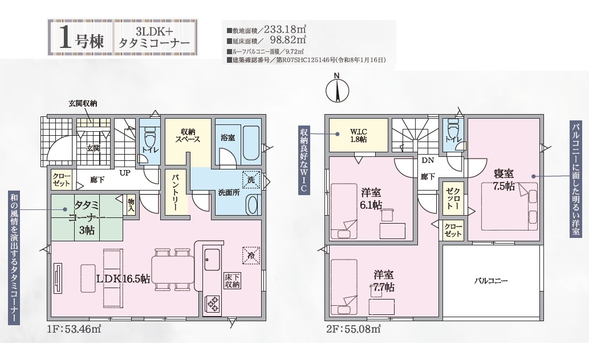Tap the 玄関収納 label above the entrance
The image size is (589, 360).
click(83, 103)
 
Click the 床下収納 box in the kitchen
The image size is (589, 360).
click(232, 281)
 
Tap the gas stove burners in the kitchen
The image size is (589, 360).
click(212, 304)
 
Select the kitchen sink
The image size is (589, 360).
click(212, 259)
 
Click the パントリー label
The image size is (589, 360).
click(176, 192)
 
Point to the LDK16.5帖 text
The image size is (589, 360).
click(123, 279)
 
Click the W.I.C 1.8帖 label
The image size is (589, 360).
click(358, 136)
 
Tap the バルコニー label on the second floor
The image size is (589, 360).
click(491, 281)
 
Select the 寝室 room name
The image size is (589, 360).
click(503, 174)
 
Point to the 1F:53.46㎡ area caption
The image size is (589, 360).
click(74, 330)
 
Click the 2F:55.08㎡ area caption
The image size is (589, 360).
click(354, 330)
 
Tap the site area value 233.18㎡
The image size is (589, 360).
click(285, 29)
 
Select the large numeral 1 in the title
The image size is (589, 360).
click(66, 38)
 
